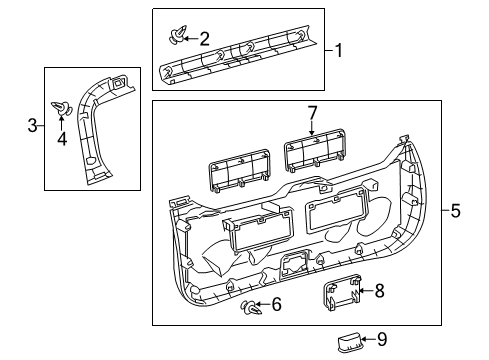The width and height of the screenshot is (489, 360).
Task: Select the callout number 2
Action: (x=204, y=39)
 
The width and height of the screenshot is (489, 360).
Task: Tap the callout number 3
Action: (x=31, y=125)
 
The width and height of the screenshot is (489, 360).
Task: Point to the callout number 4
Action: (x=61, y=139)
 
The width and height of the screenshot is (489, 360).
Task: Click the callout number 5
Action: (x=455, y=210)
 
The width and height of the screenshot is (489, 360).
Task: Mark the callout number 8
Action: (x=379, y=291)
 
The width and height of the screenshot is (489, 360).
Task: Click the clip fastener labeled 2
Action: (x=176, y=39)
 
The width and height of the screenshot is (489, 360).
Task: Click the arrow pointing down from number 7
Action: (x=311, y=127)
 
